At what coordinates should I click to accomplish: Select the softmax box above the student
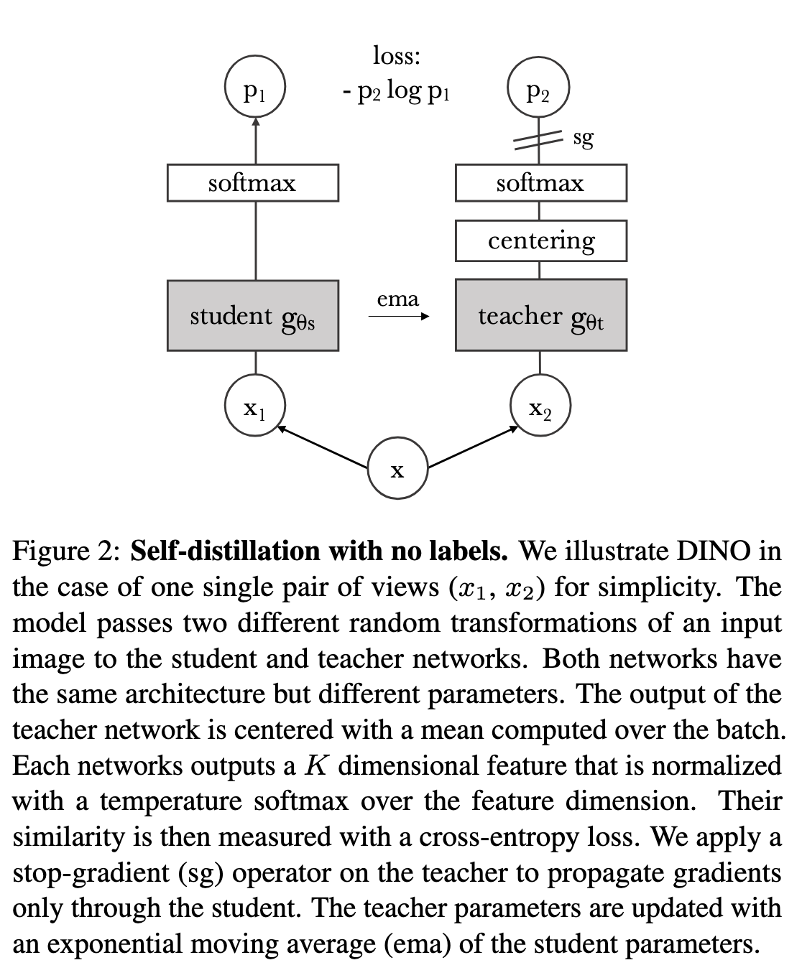coord(253,183)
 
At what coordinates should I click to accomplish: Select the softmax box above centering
coord(540,183)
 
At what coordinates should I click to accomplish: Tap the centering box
coord(540,241)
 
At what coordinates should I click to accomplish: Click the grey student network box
coord(253,316)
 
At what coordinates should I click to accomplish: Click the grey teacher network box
coord(540,316)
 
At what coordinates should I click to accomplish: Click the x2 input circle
coord(540,407)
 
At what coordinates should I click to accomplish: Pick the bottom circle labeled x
coord(397,470)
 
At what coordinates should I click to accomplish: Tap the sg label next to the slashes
coord(583,138)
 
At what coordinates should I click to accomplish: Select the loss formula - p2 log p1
coord(397,91)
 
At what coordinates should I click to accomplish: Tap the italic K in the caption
coord(315,765)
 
